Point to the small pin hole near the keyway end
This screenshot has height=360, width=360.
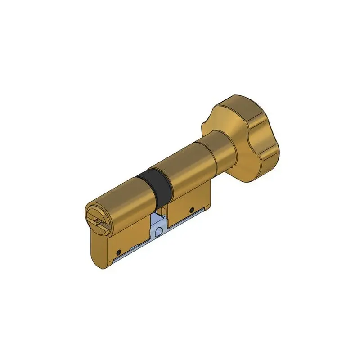(118, 252)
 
